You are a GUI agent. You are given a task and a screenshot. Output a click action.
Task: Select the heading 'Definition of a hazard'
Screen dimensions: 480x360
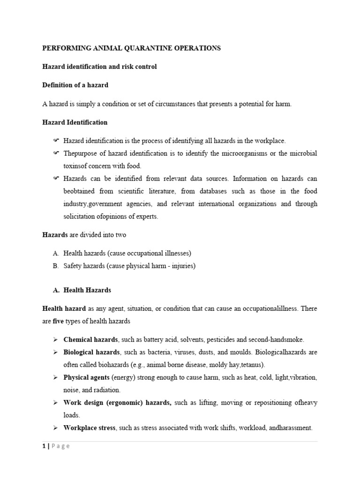pyautogui.click(x=75, y=85)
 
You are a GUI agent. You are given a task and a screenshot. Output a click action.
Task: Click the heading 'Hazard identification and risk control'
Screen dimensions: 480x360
pyautogui.click(x=99, y=67)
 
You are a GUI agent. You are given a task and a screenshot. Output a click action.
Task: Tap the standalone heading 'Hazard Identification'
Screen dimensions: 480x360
pyautogui.click(x=75, y=122)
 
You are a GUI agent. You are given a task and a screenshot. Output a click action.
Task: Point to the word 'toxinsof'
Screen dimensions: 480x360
pyautogui.click(x=76, y=165)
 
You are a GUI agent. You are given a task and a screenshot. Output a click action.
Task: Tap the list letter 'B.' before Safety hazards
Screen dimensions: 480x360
pyautogui.click(x=56, y=266)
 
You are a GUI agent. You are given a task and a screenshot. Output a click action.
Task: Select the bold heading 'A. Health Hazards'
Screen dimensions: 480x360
pyautogui.click(x=82, y=290)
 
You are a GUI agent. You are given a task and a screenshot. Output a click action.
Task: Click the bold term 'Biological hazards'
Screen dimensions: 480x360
pyautogui.click(x=91, y=352)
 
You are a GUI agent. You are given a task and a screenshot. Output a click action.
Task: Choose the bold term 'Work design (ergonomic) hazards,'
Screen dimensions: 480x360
pyautogui.click(x=117, y=403)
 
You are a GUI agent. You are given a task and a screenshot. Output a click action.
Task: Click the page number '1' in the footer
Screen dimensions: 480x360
pyautogui.click(x=44, y=446)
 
